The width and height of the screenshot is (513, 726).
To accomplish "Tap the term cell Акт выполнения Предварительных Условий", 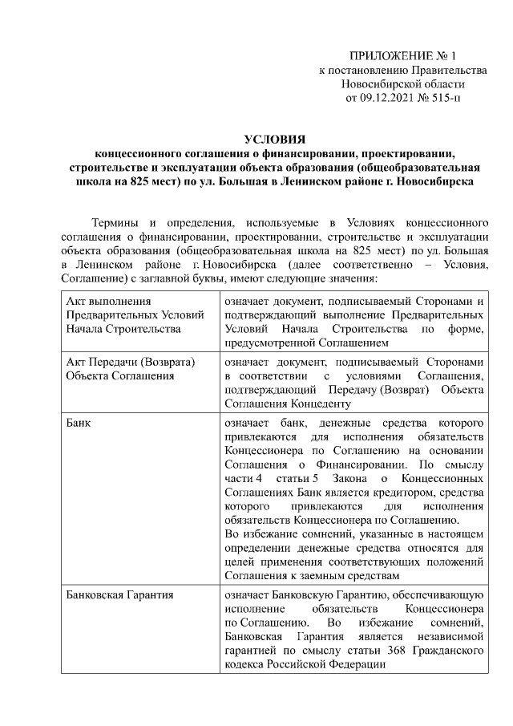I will coord(123,314).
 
